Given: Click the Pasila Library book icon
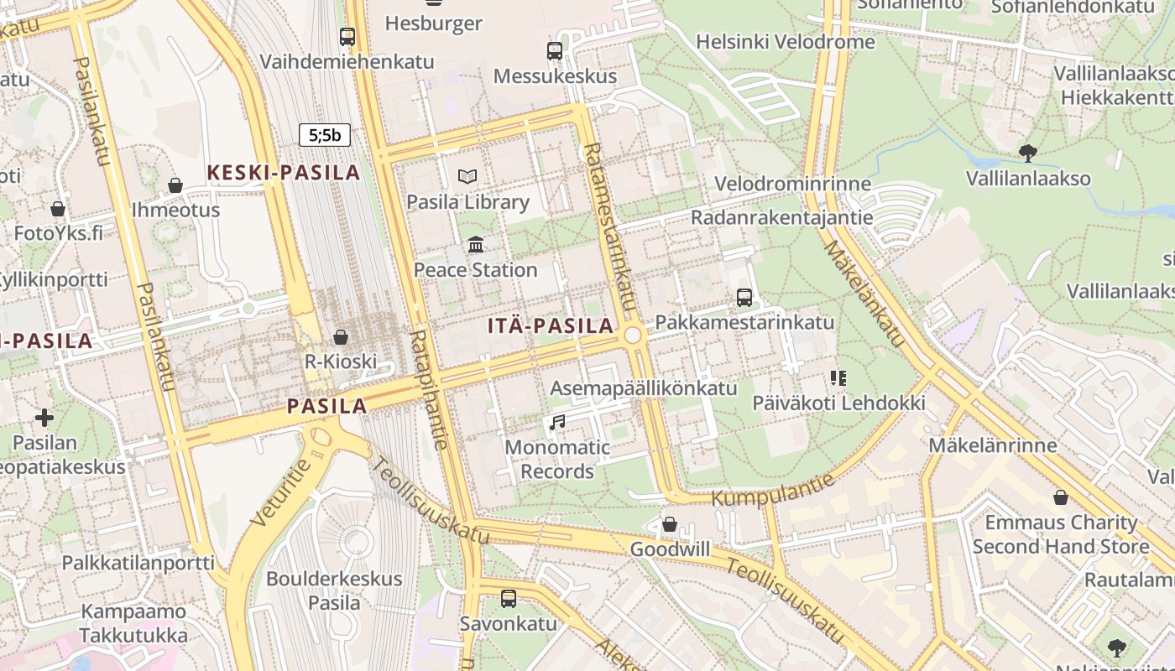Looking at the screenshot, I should click(x=467, y=176).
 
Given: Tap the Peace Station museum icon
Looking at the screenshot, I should click(x=476, y=244).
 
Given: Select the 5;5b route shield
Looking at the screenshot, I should click(x=325, y=135).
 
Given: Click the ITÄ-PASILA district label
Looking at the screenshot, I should click(x=551, y=326).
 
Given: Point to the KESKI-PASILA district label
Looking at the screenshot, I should click(x=284, y=173).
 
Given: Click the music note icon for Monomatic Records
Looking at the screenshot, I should click(x=557, y=422).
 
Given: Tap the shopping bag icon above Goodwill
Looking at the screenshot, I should click(x=670, y=524).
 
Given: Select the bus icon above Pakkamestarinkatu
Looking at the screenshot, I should click(x=744, y=297).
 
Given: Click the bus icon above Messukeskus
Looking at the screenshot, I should click(x=555, y=50).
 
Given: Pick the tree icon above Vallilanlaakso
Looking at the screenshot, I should click(x=1028, y=153).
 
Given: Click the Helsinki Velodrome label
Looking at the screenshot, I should click(x=786, y=41).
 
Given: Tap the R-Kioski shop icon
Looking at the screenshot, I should click(x=341, y=337).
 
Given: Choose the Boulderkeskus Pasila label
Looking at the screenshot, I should click(x=334, y=590).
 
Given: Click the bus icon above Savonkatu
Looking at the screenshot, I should click(x=509, y=598).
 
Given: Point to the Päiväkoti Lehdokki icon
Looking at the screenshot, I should click(x=838, y=378).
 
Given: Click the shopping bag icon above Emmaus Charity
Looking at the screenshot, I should click(x=1061, y=497).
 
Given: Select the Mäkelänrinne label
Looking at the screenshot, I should click(x=992, y=445).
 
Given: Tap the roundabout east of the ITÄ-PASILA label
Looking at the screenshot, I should click(x=633, y=335).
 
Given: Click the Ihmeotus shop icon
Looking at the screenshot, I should click(x=175, y=185).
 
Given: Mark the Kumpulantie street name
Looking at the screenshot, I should click(x=773, y=490).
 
